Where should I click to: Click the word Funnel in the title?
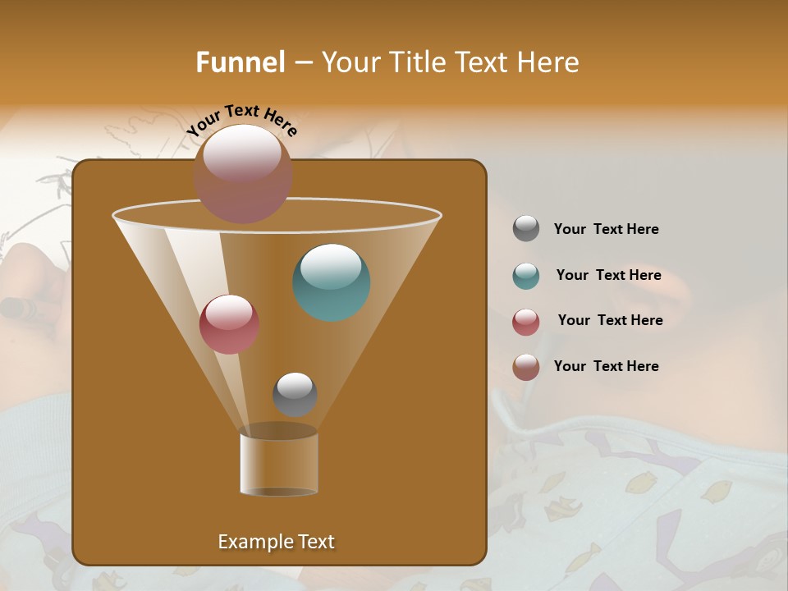coord(240,62)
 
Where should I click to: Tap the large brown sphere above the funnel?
coord(243,173)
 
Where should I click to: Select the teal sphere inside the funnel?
coord(331,282)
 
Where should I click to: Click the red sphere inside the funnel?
coord(229,323)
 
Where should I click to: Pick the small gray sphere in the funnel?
coord(295,394)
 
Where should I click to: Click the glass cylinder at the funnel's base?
coord(279,464)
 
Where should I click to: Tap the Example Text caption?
coord(276,542)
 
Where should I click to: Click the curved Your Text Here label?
coord(242,120)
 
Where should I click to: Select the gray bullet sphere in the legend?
coord(526,229)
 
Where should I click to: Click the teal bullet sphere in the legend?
coord(526,276)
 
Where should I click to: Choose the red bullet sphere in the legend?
coord(526,322)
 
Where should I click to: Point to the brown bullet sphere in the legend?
coord(526,367)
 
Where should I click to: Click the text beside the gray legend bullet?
coord(606,229)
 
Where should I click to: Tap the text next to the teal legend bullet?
coord(608,275)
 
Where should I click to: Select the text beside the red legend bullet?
coord(610,320)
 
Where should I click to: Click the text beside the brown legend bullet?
coord(606,366)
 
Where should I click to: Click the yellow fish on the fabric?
coord(717,491)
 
